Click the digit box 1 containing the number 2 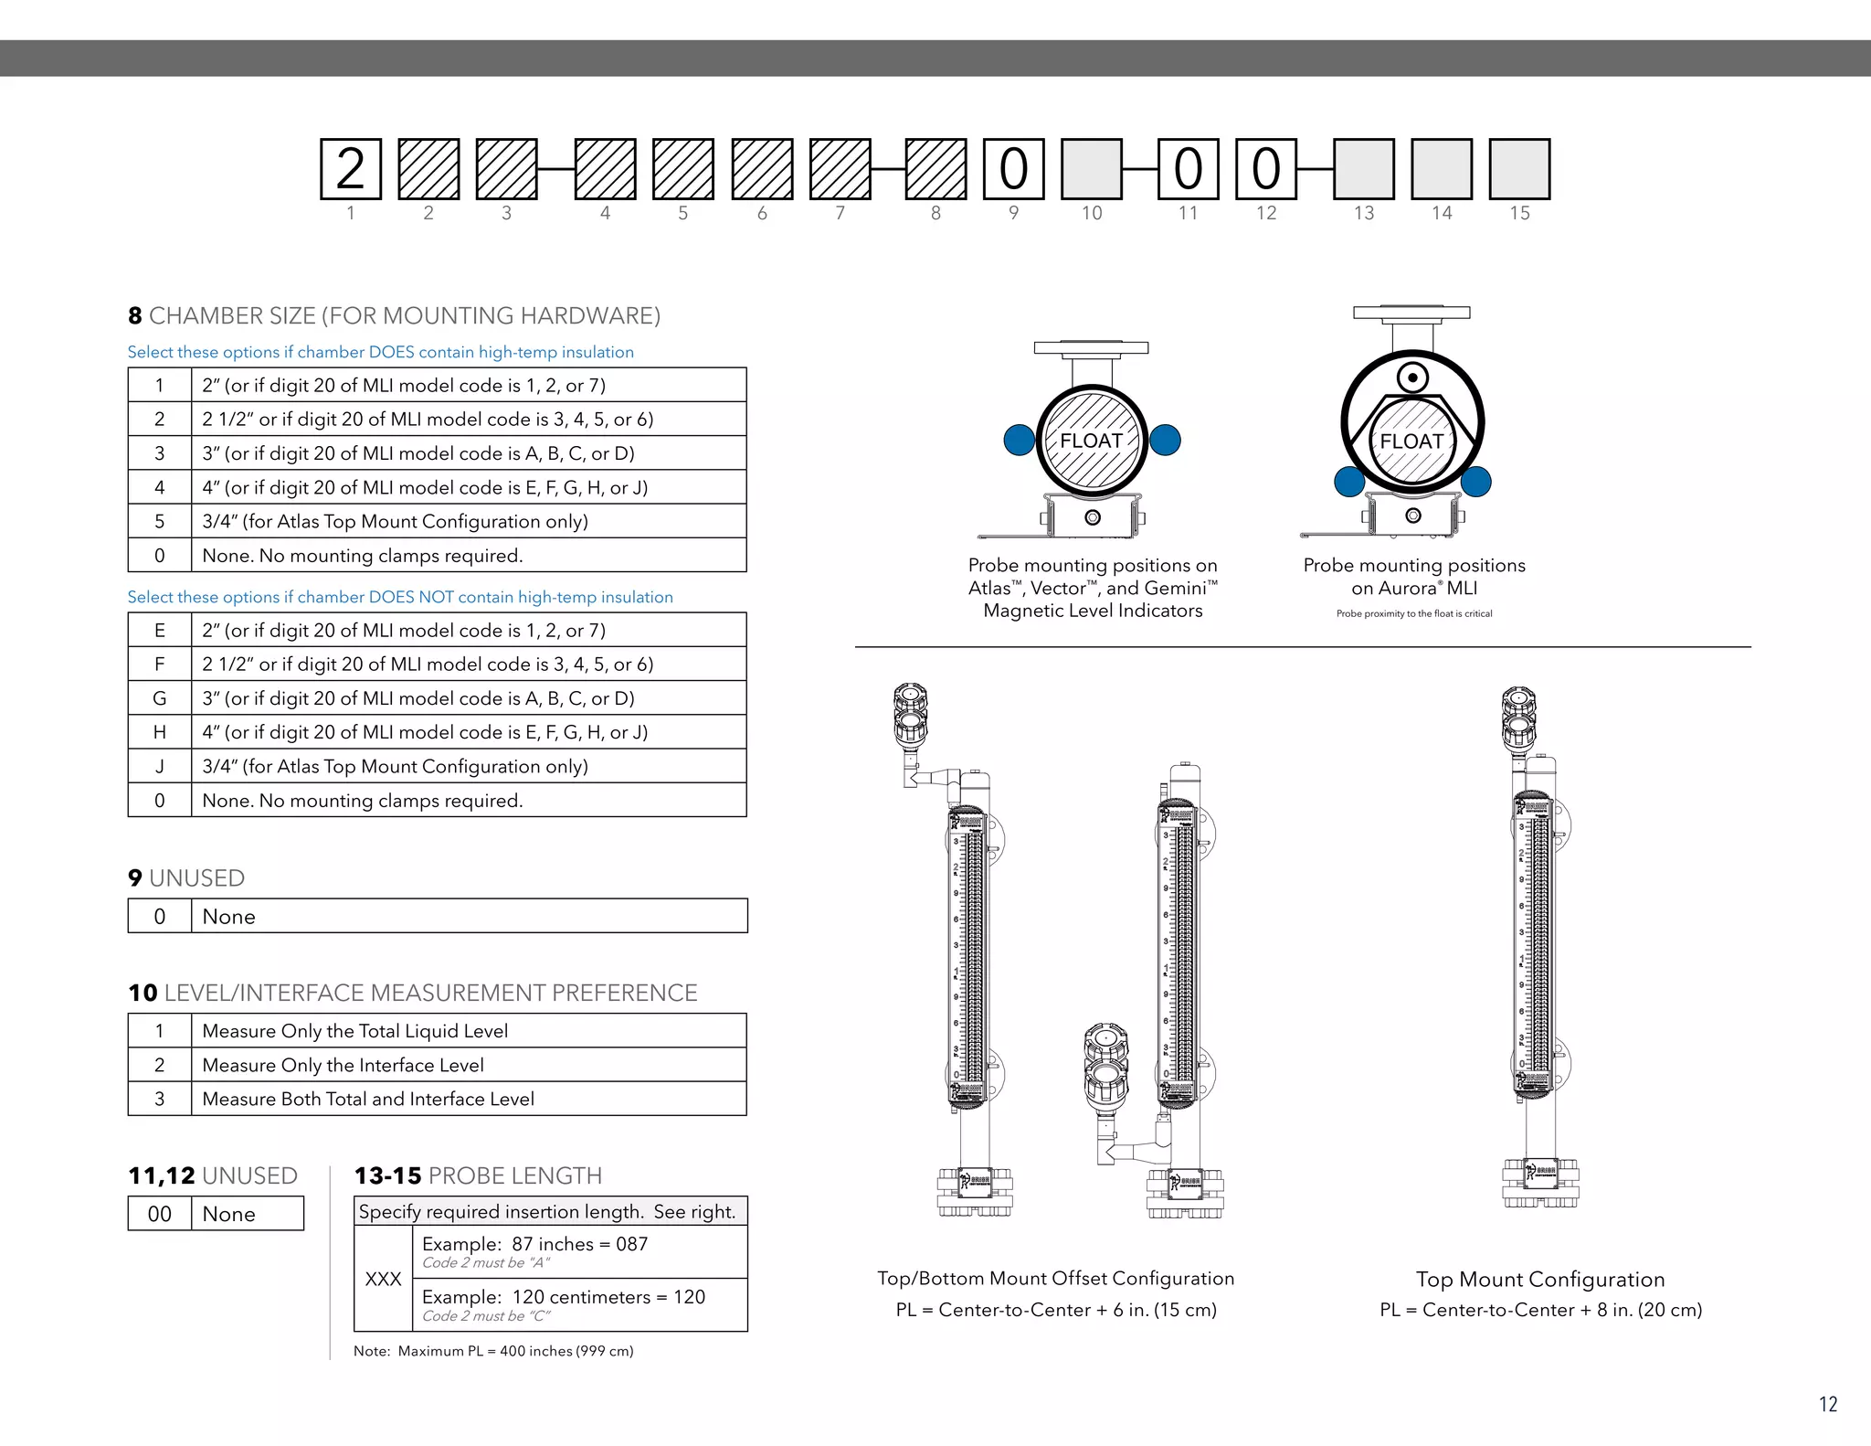(350, 169)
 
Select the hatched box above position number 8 (935, 169)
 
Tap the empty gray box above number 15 (1519, 169)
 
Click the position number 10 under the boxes (1092, 213)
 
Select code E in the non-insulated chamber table (160, 630)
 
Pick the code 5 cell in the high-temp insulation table (160, 521)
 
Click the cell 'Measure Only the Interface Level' (343, 1065)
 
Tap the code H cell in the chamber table (160, 732)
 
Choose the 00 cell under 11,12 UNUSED (160, 1214)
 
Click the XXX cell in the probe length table (383, 1279)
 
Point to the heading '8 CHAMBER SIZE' (394, 315)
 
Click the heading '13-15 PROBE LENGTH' (478, 1175)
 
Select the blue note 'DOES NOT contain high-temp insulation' (400, 597)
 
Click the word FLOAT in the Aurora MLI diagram (1411, 441)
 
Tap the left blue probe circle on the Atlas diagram (1019, 440)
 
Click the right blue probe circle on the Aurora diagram (1475, 481)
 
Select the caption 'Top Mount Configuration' (1540, 1280)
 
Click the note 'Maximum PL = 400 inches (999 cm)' (493, 1351)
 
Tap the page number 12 (1827, 1404)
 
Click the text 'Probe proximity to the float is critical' (1413, 613)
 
